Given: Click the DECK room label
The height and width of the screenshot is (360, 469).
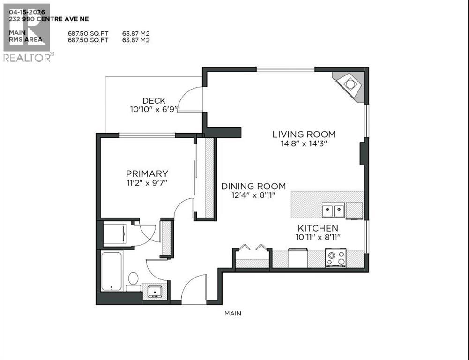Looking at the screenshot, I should point(154,100).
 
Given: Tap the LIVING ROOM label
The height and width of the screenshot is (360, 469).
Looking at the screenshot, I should point(304,135).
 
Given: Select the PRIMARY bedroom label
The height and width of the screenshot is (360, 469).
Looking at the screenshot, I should point(146,173).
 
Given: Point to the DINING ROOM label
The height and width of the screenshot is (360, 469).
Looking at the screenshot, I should point(253,186).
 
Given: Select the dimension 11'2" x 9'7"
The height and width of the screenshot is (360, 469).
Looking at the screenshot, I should point(146,183).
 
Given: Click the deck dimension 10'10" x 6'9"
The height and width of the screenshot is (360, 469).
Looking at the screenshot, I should point(154,109).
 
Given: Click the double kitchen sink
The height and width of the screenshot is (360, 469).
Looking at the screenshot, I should point(333,210).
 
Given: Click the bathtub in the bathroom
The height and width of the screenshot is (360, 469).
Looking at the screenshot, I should point(112,271).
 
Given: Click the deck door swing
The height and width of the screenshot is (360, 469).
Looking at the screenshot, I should point(189,99).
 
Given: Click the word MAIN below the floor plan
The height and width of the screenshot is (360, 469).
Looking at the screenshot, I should point(232,313).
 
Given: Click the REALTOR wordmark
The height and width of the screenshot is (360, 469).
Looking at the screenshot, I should point(27,58).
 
